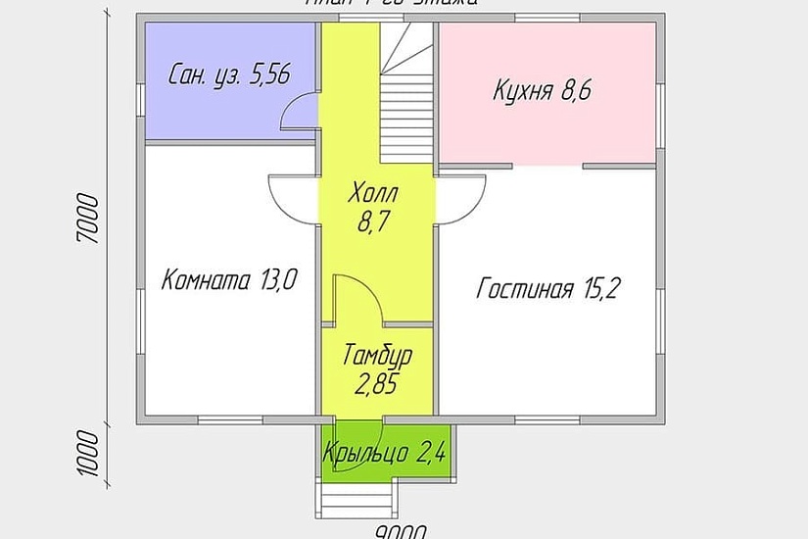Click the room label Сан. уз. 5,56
click(229, 75)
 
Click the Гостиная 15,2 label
click(549, 288)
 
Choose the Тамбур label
click(377, 355)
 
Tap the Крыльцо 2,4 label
click(386, 454)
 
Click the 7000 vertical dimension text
click(89, 223)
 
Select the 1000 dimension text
click(89, 452)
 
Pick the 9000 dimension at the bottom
click(400, 531)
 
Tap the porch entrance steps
click(356, 503)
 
